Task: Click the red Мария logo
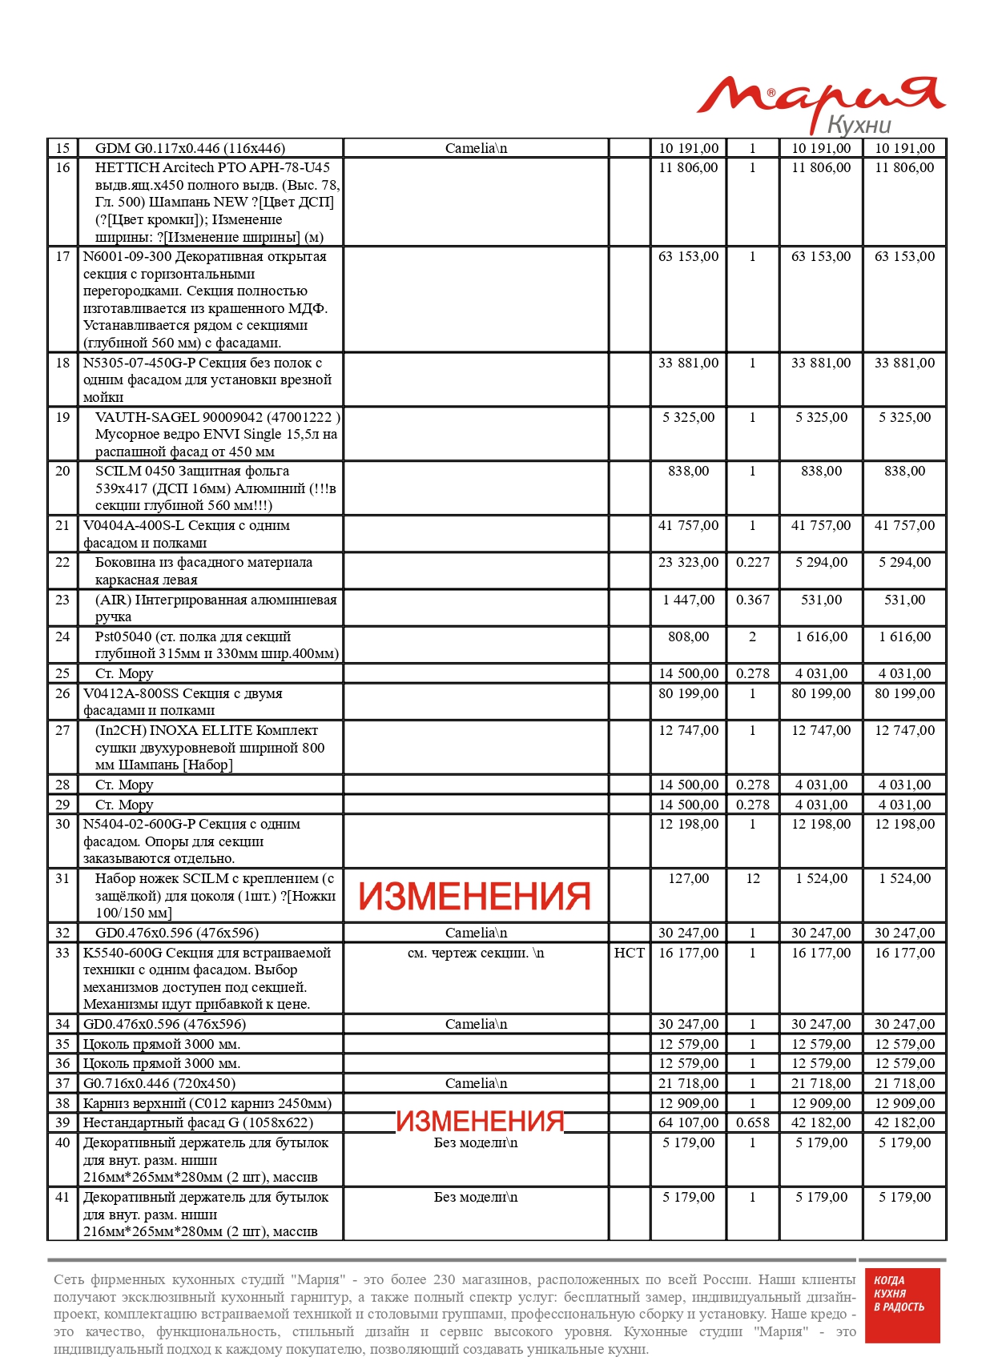point(820,95)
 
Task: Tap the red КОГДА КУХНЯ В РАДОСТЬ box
point(899,1305)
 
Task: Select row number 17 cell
point(62,257)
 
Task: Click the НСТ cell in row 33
point(629,953)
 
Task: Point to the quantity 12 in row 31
point(752,879)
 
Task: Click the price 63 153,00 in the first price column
point(688,257)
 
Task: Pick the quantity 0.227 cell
point(752,563)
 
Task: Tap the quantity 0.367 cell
point(752,600)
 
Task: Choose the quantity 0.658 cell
point(752,1123)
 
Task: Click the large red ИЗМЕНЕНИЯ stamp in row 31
point(474,897)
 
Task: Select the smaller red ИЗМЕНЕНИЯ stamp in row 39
point(480,1122)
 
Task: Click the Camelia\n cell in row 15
point(476,148)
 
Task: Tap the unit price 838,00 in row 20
point(688,472)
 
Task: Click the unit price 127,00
point(688,879)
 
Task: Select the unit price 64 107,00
point(688,1123)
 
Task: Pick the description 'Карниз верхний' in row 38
point(207,1103)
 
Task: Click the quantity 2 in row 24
point(752,637)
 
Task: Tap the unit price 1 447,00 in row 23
point(688,600)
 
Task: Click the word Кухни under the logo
point(859,125)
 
